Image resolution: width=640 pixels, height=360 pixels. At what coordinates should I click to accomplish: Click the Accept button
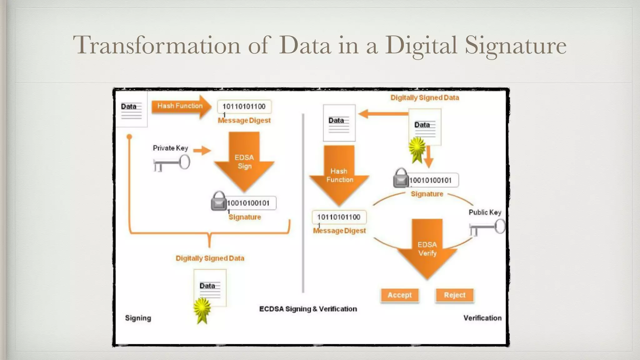[x=400, y=295]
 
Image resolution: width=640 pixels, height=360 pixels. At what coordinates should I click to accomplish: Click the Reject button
[x=455, y=295]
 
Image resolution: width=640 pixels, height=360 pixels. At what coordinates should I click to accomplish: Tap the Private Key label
[x=170, y=148]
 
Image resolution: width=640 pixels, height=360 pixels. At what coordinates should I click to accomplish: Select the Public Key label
[x=485, y=212]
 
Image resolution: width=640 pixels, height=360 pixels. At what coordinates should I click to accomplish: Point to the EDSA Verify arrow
[x=427, y=248]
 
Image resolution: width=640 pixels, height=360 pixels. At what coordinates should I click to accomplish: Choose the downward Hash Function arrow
[x=339, y=175]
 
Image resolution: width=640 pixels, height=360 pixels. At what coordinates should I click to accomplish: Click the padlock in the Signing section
[x=219, y=202]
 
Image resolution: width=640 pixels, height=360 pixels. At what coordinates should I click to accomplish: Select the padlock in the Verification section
[x=401, y=178]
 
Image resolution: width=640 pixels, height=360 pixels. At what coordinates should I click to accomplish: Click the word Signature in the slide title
[x=516, y=45]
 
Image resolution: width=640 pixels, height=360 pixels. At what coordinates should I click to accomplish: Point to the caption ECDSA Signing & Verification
[x=308, y=309]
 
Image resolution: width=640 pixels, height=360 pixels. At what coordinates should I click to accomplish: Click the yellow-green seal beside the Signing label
[x=202, y=309]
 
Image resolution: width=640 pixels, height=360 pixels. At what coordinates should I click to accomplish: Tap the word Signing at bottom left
[x=138, y=318]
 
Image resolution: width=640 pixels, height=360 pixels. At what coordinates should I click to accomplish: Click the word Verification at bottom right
[x=482, y=318]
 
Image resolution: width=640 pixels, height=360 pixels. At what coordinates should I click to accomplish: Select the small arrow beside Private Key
[x=202, y=151]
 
